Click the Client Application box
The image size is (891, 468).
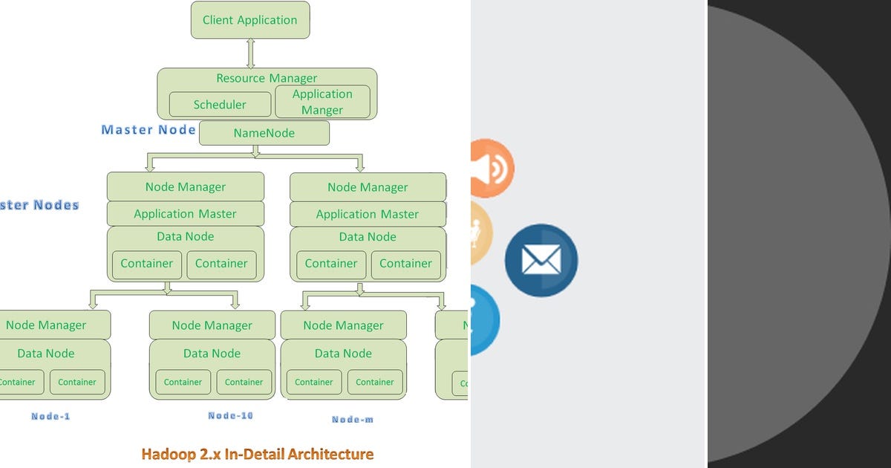[250, 20]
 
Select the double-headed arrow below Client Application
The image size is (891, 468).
[251, 53]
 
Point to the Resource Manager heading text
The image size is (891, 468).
[267, 78]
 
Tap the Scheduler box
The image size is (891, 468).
[220, 105]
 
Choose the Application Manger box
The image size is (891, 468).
[322, 103]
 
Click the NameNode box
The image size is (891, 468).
[264, 134]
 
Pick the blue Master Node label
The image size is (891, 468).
[148, 130]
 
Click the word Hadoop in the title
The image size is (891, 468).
[169, 454]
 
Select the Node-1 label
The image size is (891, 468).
[50, 417]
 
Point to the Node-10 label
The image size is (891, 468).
[230, 416]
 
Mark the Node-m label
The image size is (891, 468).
[352, 420]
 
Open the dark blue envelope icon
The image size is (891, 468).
[541, 261]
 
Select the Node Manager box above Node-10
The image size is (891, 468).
[212, 325]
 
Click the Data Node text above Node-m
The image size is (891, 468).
[343, 354]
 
